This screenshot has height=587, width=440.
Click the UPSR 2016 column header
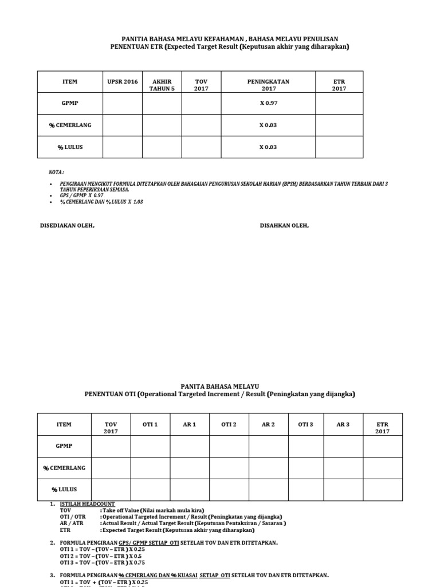123,82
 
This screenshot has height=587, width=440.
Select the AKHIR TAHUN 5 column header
162,85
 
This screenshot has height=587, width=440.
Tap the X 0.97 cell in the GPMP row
268,104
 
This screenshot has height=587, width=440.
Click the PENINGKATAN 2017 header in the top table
268,85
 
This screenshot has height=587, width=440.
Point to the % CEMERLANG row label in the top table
70,125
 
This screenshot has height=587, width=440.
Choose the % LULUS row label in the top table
70,147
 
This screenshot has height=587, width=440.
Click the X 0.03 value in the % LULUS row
268,147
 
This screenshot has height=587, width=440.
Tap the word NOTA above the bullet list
56,173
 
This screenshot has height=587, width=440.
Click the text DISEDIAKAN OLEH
67,225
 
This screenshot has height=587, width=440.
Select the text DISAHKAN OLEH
285,225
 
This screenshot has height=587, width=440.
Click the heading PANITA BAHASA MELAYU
220,386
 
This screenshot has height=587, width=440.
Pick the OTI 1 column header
150,424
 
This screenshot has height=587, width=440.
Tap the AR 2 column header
268,424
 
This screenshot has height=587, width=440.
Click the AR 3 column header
343,424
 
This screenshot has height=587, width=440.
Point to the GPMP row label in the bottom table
64,446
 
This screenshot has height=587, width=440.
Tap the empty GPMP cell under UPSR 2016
123,104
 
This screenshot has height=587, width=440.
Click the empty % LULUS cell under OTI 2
229,490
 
